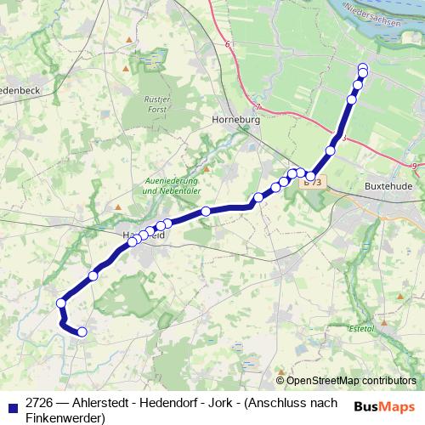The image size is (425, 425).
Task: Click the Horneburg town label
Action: pyautogui.click(x=234, y=122)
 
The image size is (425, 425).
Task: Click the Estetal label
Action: pyautogui.click(x=363, y=327)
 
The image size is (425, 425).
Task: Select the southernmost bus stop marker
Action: pyautogui.click(x=82, y=332)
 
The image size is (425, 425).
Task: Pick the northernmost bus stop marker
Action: pyautogui.click(x=363, y=68)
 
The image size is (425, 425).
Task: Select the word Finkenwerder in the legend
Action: pyautogui.click(x=64, y=418)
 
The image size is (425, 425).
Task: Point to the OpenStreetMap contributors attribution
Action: pyautogui.click(x=351, y=380)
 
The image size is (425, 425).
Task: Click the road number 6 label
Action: pyautogui.click(x=228, y=43)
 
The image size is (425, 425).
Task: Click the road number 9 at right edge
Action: pyautogui.click(x=412, y=165)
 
